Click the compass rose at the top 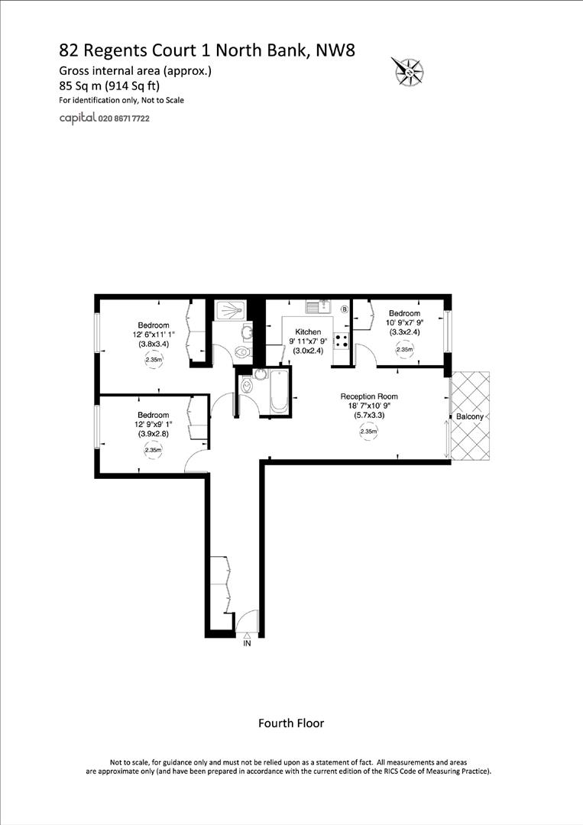[408, 70]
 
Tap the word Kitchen [308, 332]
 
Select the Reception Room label [369, 396]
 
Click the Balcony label [470, 416]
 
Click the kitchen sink [317, 307]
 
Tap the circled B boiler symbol [344, 309]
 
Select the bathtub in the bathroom [277, 391]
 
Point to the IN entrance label [247, 644]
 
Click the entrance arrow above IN [247, 634]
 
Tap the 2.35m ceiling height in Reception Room [369, 432]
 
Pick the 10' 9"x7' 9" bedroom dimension [404, 323]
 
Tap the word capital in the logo [77, 118]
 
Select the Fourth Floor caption [291, 723]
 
